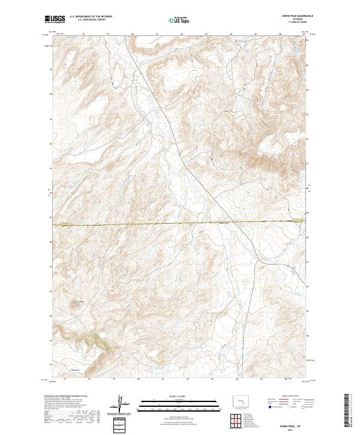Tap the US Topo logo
coord(180,19)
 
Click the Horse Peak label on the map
coord(76,300)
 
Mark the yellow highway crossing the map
coord(180,223)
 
